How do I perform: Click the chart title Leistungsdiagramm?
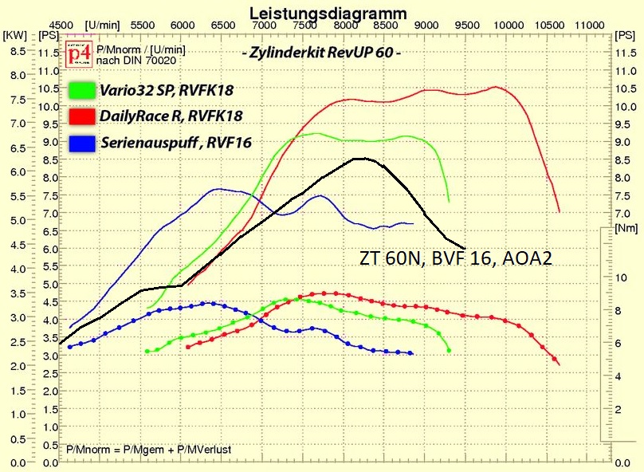pos(328,13)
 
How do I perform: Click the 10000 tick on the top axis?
pos(508,26)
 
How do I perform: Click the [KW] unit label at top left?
pos(14,36)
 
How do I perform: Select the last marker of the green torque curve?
pos(450,350)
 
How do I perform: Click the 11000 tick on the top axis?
pos(589,26)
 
